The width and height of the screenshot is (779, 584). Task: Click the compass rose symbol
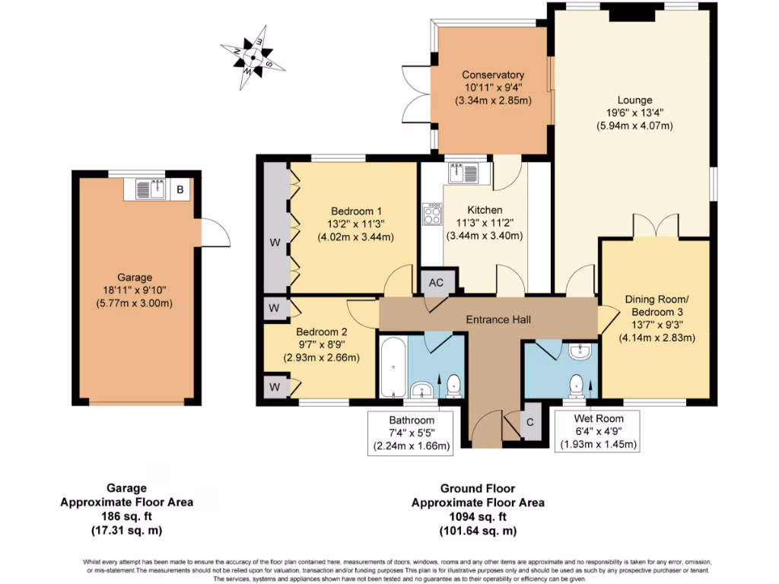click(x=253, y=55)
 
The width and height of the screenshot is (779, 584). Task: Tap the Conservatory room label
click(x=493, y=75)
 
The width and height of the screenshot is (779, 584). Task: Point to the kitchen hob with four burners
click(x=432, y=214)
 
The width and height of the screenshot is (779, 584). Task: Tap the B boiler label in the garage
click(x=180, y=189)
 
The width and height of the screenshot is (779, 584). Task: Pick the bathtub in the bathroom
click(x=392, y=367)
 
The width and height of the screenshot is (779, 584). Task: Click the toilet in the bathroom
click(x=454, y=386)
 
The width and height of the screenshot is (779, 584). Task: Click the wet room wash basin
click(x=580, y=351)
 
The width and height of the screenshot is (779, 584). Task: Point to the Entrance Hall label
click(x=488, y=319)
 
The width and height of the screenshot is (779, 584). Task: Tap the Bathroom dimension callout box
click(x=412, y=433)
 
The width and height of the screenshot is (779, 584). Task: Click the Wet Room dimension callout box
click(x=599, y=431)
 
